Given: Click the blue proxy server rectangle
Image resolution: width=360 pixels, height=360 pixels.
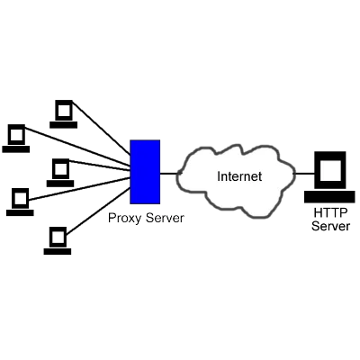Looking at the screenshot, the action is tap(145, 172).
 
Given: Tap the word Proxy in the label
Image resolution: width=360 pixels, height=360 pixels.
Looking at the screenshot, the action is tap(124, 219).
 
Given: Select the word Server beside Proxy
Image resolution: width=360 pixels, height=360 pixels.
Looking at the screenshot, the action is tap(165, 218).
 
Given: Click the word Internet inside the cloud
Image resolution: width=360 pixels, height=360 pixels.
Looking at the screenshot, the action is tap(239, 176).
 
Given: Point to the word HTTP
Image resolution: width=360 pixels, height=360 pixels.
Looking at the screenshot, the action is tap(330, 213).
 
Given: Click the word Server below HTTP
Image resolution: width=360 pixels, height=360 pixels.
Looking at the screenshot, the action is tap(330, 226).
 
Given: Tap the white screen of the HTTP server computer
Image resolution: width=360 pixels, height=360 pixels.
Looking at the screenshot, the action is tap(330, 171).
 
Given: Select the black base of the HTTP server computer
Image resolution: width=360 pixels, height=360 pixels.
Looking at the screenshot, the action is tap(329, 197).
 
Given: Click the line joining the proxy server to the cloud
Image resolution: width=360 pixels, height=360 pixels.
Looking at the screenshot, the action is tap(170, 174).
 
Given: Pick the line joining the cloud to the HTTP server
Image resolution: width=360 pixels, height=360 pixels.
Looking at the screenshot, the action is tap(303, 174).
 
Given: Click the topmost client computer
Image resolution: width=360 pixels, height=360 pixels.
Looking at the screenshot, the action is tap(64, 114).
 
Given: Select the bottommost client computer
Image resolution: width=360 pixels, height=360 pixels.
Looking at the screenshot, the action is tap(58, 241).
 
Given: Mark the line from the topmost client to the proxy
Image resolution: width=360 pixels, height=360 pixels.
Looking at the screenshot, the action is tap(102, 128).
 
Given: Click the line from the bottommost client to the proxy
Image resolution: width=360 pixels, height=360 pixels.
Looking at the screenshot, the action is tap(98, 211).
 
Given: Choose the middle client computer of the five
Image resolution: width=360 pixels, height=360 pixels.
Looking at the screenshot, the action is tap(60, 173).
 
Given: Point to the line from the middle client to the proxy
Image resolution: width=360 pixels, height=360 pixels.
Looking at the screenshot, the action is tap(100, 166).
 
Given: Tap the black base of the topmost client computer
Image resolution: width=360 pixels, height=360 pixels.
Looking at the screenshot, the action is tap(64, 125).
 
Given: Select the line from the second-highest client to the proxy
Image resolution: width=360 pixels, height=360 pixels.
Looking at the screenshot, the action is tap(77, 147).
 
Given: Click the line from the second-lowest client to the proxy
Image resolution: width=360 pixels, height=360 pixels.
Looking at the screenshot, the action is tap(79, 189).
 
